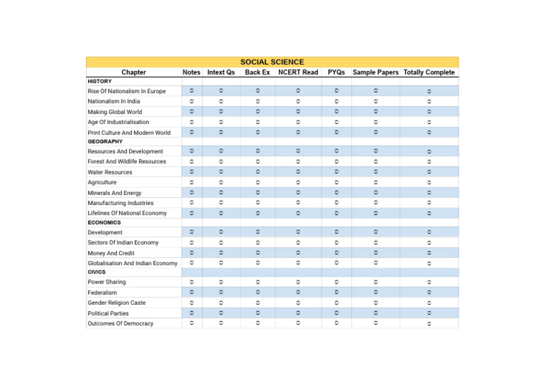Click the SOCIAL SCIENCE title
[272, 62]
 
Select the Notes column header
[192, 72]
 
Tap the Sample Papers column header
[375, 72]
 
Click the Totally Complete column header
[429, 72]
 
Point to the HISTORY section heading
[99, 82]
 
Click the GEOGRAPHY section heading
[105, 142]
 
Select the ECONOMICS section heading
[104, 223]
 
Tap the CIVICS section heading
[97, 272]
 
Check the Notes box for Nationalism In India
[192, 101]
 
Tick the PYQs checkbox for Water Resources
[336, 172]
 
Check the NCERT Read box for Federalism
[298, 292]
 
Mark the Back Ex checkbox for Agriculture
[258, 182]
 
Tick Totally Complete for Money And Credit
[429, 253]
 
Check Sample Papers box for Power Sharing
[375, 281]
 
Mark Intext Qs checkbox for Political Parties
[221, 313]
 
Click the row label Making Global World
[114, 112]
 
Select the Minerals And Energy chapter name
[114, 193]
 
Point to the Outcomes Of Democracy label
[120, 324]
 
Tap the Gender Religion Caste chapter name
[116, 303]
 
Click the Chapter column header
[133, 72]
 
